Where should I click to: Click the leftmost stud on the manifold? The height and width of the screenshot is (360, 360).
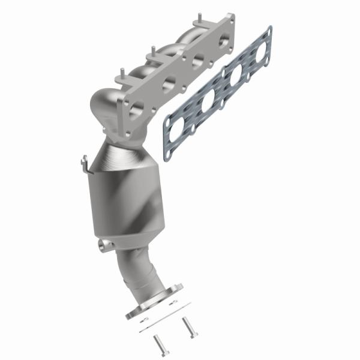pyautogui.click(x=122, y=75)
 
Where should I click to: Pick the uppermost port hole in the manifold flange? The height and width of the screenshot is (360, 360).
pyautogui.click(x=223, y=43)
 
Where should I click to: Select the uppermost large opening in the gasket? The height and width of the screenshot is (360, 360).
pyautogui.click(x=262, y=53)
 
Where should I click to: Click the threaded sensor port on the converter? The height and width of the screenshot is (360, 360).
pyautogui.click(x=106, y=245)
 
